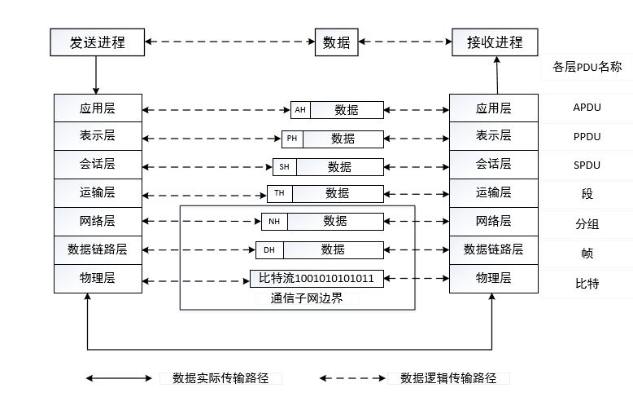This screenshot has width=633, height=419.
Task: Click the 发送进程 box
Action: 97,42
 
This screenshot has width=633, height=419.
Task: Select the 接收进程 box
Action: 495,42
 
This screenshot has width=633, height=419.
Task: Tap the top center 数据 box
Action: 337,42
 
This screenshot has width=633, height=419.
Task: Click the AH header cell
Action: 301,110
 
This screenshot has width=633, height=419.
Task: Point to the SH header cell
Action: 285,167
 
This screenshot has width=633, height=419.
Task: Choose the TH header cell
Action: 279,194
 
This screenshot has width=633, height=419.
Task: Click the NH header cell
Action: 274,222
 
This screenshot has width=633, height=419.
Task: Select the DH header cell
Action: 268,249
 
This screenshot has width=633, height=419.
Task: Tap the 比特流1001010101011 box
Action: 316,279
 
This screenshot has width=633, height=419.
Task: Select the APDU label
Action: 586,108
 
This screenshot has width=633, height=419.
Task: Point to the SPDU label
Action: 586,165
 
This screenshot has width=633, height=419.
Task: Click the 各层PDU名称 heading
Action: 587,67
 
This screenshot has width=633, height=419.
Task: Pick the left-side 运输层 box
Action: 97,193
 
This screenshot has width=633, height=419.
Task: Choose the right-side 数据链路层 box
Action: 494,249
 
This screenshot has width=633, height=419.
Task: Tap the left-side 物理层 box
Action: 97,279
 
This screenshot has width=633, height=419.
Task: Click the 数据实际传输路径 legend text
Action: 220,378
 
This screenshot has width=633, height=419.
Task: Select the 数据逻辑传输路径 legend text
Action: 448,378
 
